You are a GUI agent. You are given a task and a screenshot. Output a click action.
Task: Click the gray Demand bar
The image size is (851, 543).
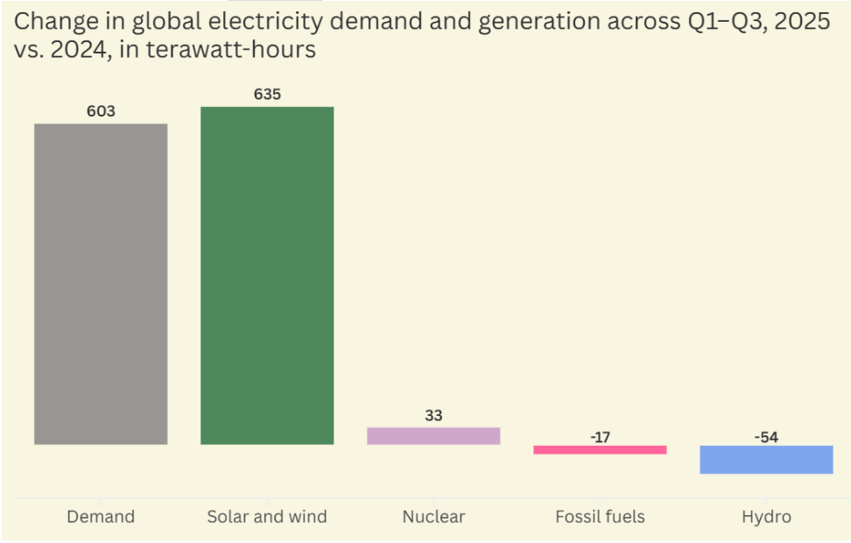[x=101, y=284]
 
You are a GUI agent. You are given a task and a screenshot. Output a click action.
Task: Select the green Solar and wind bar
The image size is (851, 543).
[x=267, y=275]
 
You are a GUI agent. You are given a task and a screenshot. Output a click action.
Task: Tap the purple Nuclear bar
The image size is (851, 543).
[x=433, y=435]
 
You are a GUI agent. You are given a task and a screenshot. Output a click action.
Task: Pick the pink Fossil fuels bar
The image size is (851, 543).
[x=600, y=449]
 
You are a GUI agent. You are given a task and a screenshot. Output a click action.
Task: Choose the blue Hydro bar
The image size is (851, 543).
[x=766, y=460]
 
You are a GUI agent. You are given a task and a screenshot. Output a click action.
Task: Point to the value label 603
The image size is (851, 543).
[x=101, y=111]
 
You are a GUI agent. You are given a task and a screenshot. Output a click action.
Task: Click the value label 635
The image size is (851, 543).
[x=267, y=94]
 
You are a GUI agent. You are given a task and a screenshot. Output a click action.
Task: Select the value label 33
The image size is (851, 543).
[x=433, y=415]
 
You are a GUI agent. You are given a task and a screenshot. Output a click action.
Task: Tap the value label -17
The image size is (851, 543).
[x=600, y=436]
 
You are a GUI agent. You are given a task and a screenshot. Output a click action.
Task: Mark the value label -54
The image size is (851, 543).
[x=766, y=436]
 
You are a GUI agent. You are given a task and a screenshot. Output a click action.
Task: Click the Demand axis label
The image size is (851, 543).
[x=101, y=517]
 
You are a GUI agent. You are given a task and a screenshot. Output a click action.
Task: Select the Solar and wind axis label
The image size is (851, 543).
[x=267, y=517]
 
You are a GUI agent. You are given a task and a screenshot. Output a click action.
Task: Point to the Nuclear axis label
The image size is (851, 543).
[x=433, y=517]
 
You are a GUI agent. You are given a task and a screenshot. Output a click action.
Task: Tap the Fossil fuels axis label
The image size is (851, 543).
[x=600, y=517]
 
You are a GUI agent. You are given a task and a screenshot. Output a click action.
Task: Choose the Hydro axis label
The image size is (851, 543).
[x=766, y=517]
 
